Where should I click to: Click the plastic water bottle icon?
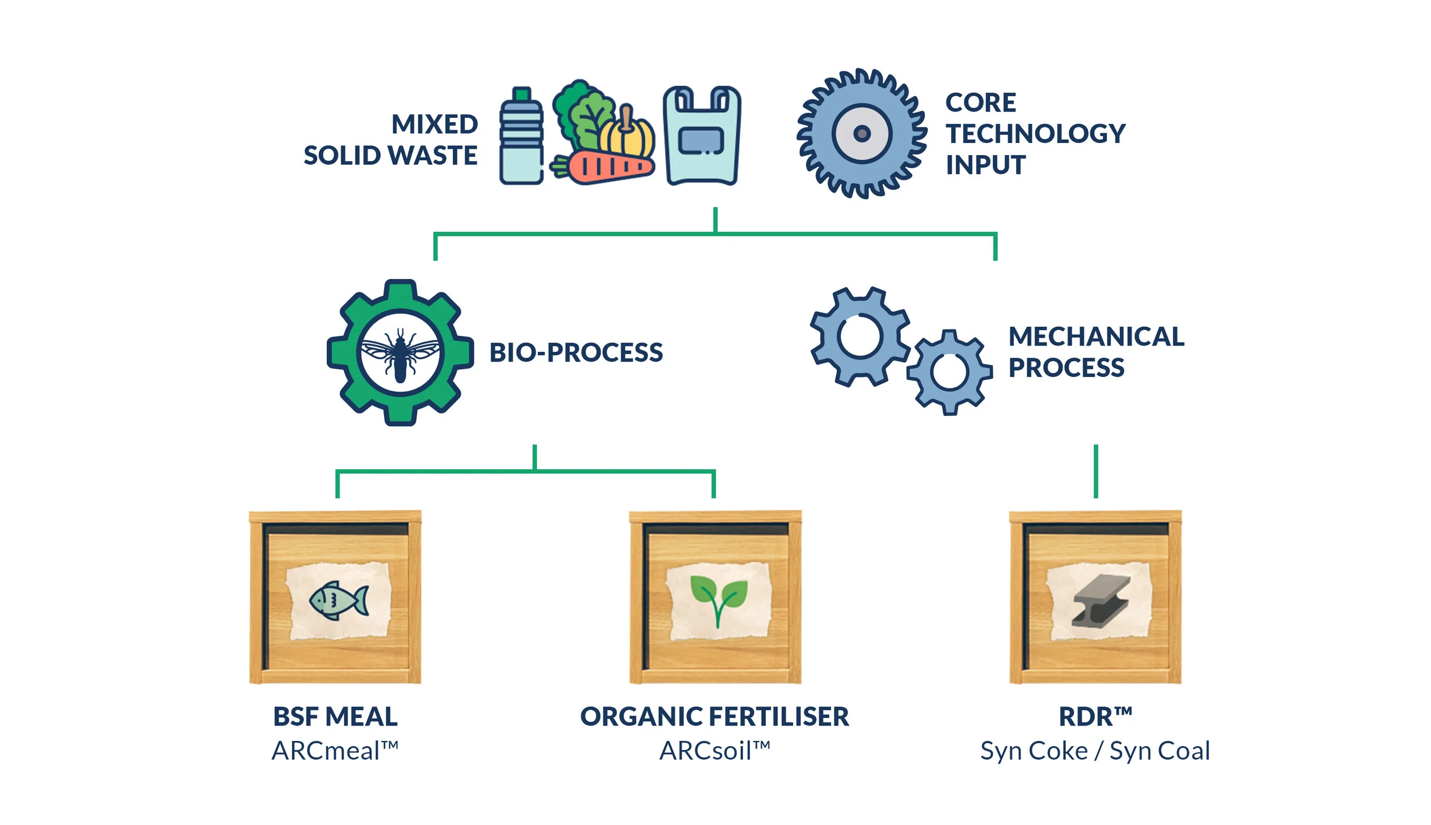tap(521, 137)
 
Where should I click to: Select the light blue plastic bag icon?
tap(702, 137)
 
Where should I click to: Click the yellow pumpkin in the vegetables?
tap(628, 136)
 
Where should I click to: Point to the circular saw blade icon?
tap(861, 134)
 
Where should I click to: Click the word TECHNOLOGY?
tap(1035, 134)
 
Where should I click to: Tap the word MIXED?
tap(434, 125)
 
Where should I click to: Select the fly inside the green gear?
tap(400, 355)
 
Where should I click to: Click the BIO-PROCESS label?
tap(576, 352)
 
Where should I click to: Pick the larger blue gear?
tap(860, 336)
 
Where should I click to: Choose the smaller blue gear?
tap(949, 372)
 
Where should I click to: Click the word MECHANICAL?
tap(1096, 336)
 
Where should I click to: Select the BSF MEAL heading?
tap(335, 717)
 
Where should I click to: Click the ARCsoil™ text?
tap(714, 751)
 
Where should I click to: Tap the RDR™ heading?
tap(1094, 717)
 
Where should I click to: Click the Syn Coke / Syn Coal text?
tap(1094, 751)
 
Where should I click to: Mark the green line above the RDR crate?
tap(1096, 471)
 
